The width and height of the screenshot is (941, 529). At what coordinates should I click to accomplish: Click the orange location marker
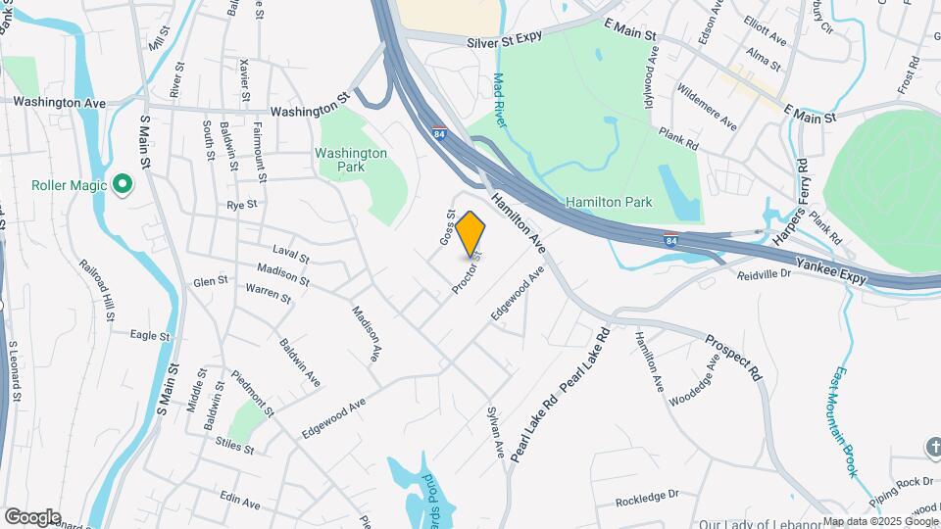(x=470, y=235)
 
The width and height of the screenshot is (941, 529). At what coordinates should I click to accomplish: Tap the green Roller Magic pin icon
(x=123, y=184)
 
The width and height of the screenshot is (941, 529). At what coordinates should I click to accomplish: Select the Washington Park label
(x=351, y=160)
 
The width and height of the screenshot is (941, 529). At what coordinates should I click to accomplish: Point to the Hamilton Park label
(x=609, y=202)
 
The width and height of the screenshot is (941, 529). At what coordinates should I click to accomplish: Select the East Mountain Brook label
(x=848, y=422)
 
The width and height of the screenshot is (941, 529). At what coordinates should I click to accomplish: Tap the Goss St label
(x=447, y=227)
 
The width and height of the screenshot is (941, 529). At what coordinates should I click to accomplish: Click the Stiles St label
(x=235, y=447)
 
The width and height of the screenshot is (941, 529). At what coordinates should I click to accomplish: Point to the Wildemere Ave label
(x=708, y=107)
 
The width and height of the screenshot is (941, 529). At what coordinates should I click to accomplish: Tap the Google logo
(x=32, y=516)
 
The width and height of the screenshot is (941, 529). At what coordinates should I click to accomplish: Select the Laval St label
(x=291, y=257)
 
